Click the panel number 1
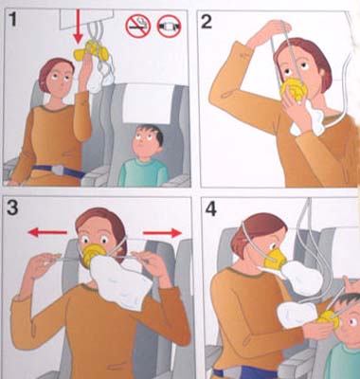[13, 19]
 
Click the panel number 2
[207, 22]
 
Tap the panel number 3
[12, 208]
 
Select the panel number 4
[210, 208]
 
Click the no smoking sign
[137, 26]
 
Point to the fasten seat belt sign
[169, 26]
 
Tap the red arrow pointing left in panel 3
[47, 233]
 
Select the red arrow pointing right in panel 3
[162, 233]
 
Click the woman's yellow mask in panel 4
[275, 259]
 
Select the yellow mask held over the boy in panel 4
[328, 318]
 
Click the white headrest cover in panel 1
[148, 103]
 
